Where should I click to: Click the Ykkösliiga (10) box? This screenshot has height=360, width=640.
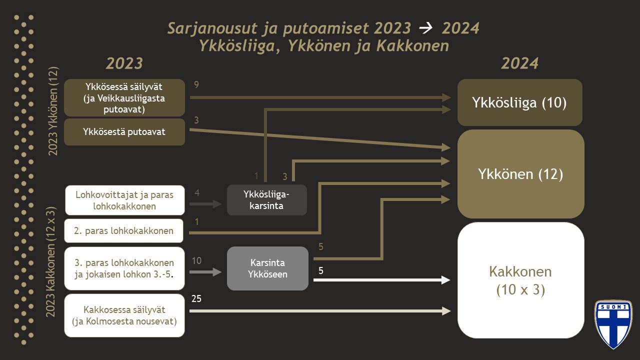519,102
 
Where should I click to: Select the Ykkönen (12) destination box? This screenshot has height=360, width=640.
520,174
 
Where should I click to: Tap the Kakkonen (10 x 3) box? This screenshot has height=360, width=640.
520,280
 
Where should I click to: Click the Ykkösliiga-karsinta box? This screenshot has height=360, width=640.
266,199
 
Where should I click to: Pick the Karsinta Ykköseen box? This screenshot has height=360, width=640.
267,268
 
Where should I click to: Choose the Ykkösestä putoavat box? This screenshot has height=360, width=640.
124,132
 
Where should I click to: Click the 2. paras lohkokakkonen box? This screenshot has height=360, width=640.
124,230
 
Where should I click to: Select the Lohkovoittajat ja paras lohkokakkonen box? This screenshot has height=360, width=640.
124,199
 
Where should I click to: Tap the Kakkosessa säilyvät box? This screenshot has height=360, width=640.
124,315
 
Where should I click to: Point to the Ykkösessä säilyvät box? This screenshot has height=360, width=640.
124,98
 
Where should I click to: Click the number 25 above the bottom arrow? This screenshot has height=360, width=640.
196,299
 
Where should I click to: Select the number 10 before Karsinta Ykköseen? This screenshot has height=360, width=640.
196,260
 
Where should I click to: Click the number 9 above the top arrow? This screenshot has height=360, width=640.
196,85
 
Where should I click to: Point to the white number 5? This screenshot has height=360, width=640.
321,270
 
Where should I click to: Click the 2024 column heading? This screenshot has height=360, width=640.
519,63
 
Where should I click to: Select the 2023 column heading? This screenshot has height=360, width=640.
124,63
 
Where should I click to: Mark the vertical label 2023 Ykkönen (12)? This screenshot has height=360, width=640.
53,110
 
